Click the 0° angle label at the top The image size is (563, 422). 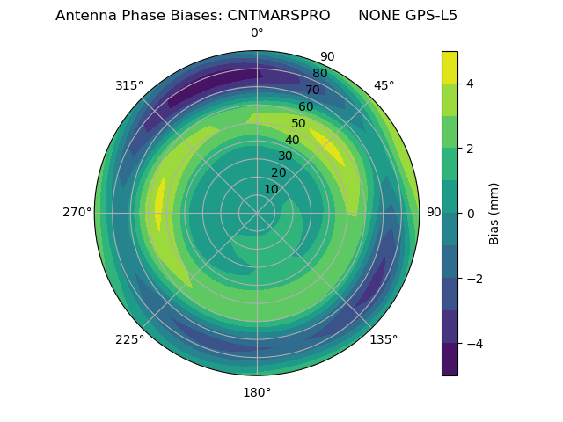(x=257, y=33)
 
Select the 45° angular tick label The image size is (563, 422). (x=384, y=86)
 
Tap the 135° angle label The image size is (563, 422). (x=384, y=339)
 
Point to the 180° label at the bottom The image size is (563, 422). (x=257, y=392)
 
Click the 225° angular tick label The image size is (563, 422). (x=129, y=339)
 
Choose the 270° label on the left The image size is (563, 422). (x=77, y=213)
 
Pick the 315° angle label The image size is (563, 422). (x=129, y=86)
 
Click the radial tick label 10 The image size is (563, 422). (x=271, y=189)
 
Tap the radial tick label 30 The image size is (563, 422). (x=285, y=156)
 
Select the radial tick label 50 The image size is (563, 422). (x=298, y=124)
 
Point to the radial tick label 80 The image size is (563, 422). (x=319, y=74)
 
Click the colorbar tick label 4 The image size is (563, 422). (x=471, y=84)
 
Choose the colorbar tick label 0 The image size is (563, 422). (x=471, y=214)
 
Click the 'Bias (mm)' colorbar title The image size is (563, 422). (x=494, y=214)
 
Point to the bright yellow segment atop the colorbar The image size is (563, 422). (x=450, y=67)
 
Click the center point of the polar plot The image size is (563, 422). (x=257, y=213)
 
